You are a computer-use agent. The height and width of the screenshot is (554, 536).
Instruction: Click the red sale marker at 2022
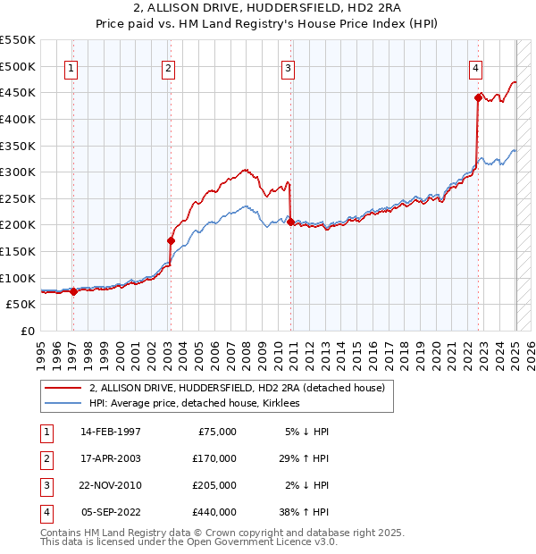(x=478, y=98)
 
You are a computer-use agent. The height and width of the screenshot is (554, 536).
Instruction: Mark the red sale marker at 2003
(x=170, y=240)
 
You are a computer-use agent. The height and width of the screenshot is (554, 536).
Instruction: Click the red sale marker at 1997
(x=73, y=290)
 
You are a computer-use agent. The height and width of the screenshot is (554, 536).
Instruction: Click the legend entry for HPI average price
(x=194, y=403)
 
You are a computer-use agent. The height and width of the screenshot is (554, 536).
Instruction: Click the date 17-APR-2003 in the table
(x=110, y=458)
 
